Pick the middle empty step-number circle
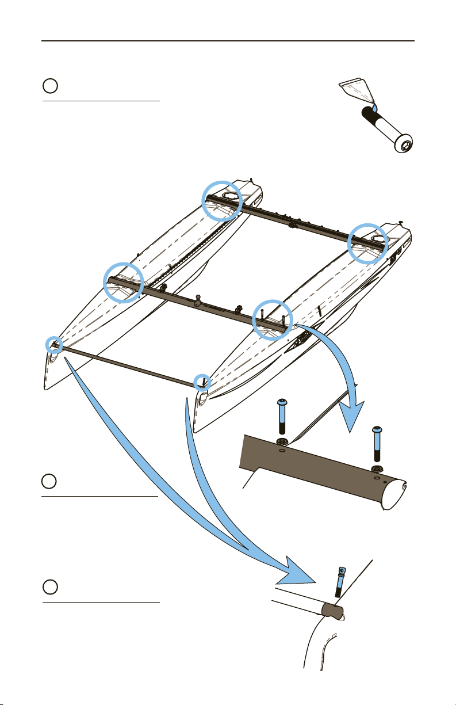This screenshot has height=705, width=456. click(x=50, y=481)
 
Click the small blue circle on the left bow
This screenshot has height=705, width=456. click(x=55, y=344)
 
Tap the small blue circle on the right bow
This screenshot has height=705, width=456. click(x=202, y=381)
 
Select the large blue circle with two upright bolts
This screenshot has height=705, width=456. click(x=273, y=319)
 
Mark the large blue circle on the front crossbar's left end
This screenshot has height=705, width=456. click(x=123, y=281)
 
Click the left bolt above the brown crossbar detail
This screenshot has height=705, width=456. click(x=282, y=420)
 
